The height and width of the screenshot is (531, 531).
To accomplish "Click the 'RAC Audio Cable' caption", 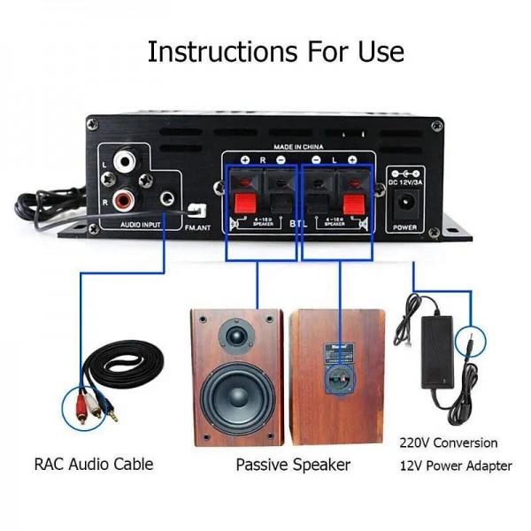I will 94,463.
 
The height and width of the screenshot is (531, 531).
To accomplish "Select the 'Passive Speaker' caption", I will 293,464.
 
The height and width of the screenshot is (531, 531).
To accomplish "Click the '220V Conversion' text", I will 449,442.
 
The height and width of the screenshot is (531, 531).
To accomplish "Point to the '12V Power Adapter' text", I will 456,465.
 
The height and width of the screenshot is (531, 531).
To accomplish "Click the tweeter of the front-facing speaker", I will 236,336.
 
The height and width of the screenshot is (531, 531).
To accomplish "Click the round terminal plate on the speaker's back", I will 337,381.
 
